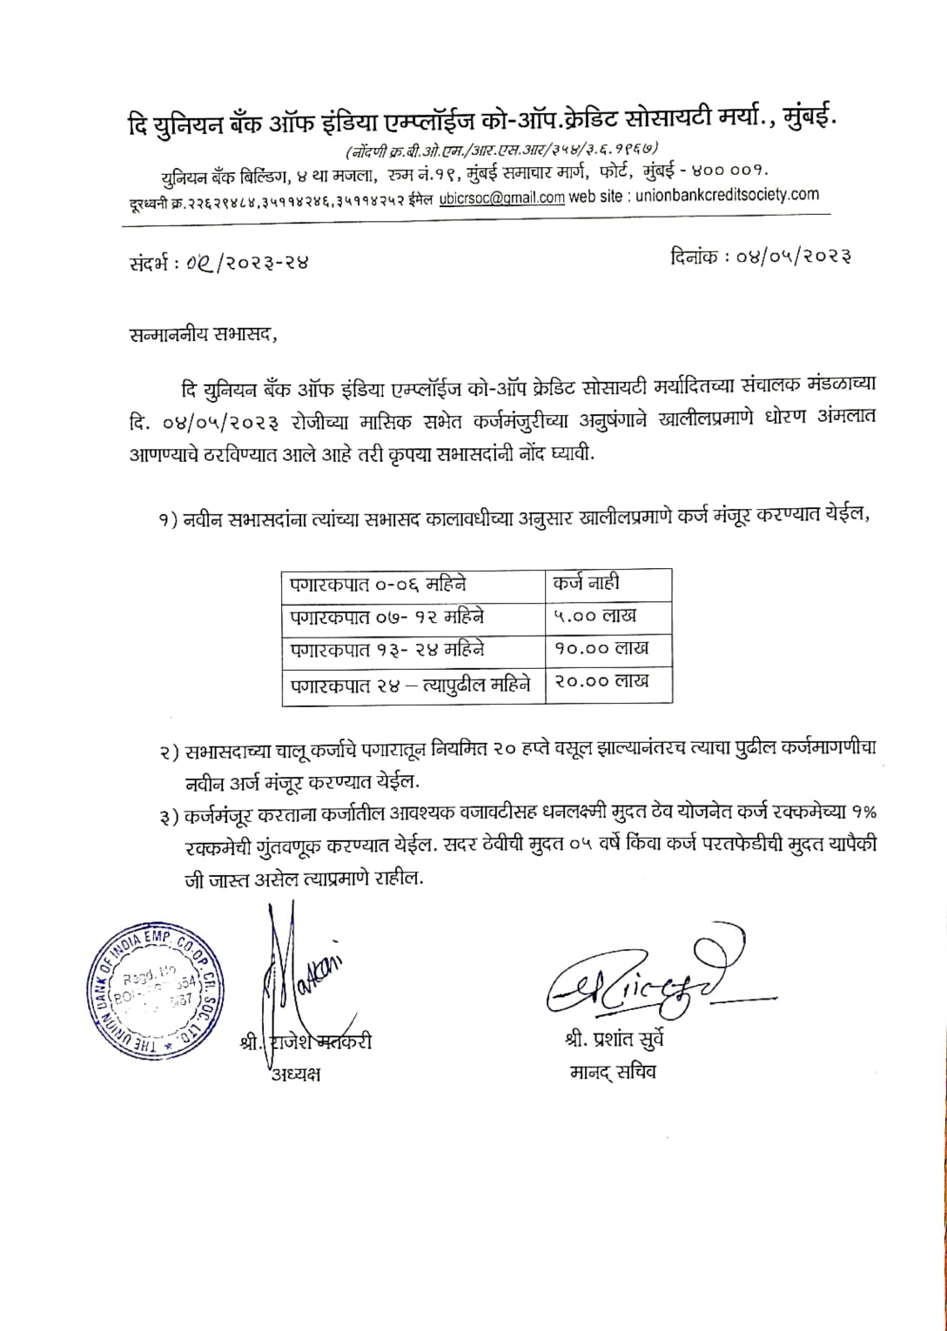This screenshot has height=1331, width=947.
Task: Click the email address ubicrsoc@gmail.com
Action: pyautogui.click(x=501, y=197)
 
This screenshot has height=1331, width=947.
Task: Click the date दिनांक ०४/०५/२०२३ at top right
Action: pyautogui.click(x=761, y=257)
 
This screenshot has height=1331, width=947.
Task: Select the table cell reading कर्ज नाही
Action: pyautogui.click(x=586, y=584)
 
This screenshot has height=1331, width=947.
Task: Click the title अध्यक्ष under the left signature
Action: pyautogui.click(x=295, y=1073)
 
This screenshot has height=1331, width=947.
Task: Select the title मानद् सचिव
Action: pyautogui.click(x=613, y=1072)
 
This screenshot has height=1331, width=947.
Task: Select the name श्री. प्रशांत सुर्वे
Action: pyautogui.click(x=613, y=1040)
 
